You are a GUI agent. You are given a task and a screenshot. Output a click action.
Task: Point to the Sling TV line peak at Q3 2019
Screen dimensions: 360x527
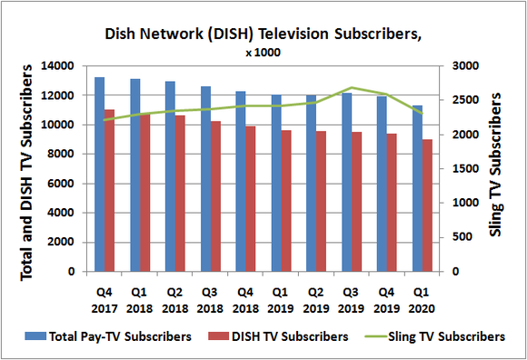[x=352, y=88]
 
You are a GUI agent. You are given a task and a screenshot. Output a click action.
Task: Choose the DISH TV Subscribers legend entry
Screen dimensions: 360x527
[x=287, y=336]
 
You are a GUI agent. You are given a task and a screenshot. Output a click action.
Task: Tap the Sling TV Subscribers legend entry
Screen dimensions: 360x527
[x=445, y=336]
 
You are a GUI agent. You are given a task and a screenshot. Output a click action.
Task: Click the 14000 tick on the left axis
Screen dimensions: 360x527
[x=60, y=66]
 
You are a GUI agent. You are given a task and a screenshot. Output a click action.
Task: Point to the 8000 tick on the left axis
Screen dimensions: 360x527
[x=64, y=155]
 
